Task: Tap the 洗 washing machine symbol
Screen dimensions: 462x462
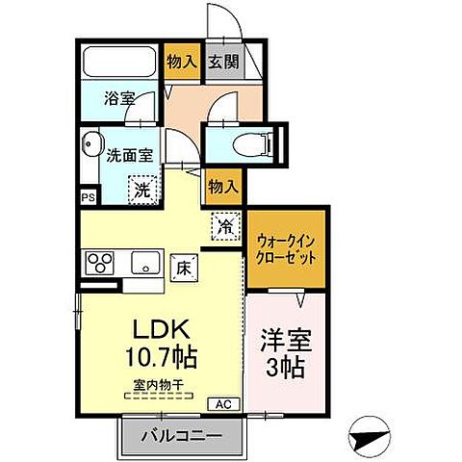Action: [x=141, y=188]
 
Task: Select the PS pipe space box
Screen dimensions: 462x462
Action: [x=88, y=197]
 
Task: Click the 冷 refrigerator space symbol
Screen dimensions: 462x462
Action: [x=223, y=227]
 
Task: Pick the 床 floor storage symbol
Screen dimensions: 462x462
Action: [x=181, y=268]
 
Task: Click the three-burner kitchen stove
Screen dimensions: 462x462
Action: [x=100, y=261]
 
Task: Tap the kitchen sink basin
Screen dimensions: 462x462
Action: [x=145, y=261]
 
